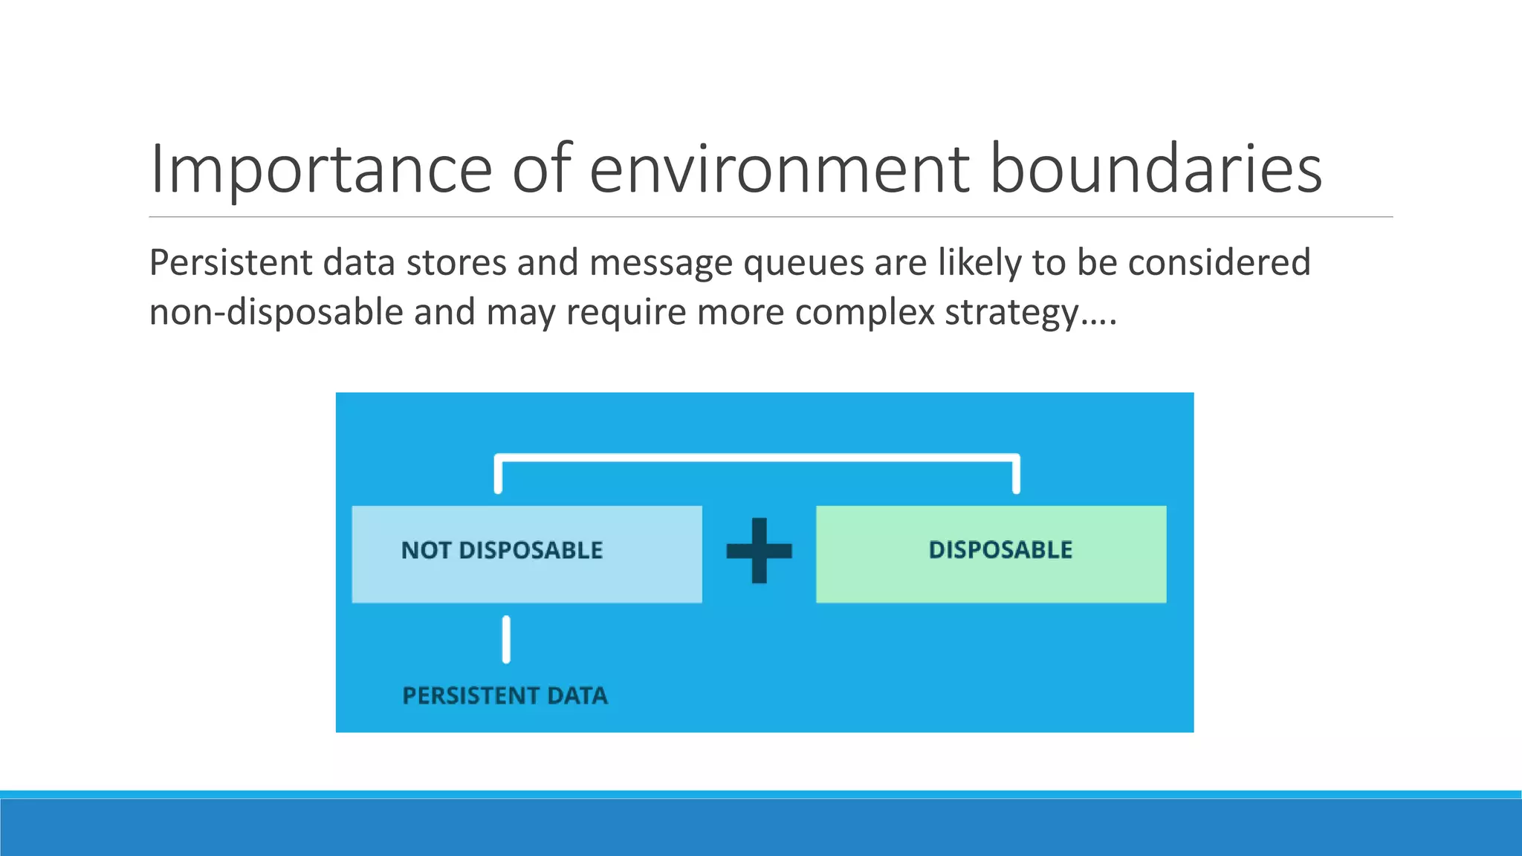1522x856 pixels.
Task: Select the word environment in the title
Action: (779, 169)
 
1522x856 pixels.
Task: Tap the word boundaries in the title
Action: (1156, 169)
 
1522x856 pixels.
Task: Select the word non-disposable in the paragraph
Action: (276, 312)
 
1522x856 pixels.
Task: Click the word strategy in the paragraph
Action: (1011, 312)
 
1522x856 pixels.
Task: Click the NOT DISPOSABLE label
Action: (502, 551)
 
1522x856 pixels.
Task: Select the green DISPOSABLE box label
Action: (1000, 551)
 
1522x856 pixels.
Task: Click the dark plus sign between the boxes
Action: (759, 551)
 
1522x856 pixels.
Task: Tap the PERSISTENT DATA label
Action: (505, 696)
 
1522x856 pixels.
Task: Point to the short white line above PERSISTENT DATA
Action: (506, 639)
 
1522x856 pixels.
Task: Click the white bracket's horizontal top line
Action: (757, 458)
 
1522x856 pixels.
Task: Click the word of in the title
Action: (542, 169)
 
